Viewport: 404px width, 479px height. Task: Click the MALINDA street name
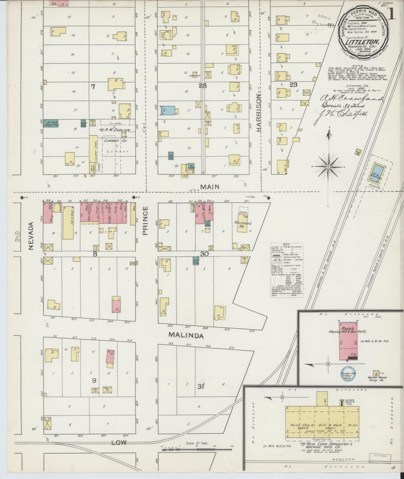[x=185, y=336]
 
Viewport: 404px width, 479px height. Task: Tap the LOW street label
[x=119, y=442]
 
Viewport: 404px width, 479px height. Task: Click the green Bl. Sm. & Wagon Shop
[x=51, y=123]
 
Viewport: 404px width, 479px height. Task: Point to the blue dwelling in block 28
[x=168, y=110]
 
